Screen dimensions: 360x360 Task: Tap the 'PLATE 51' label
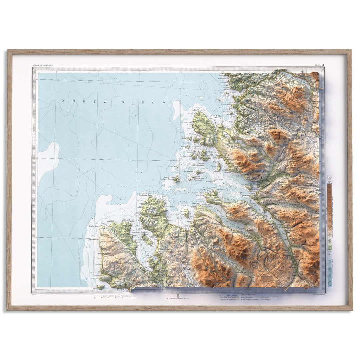(319, 65)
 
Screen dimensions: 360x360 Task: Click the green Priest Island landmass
(176, 180)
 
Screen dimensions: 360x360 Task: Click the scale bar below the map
(115, 297)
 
